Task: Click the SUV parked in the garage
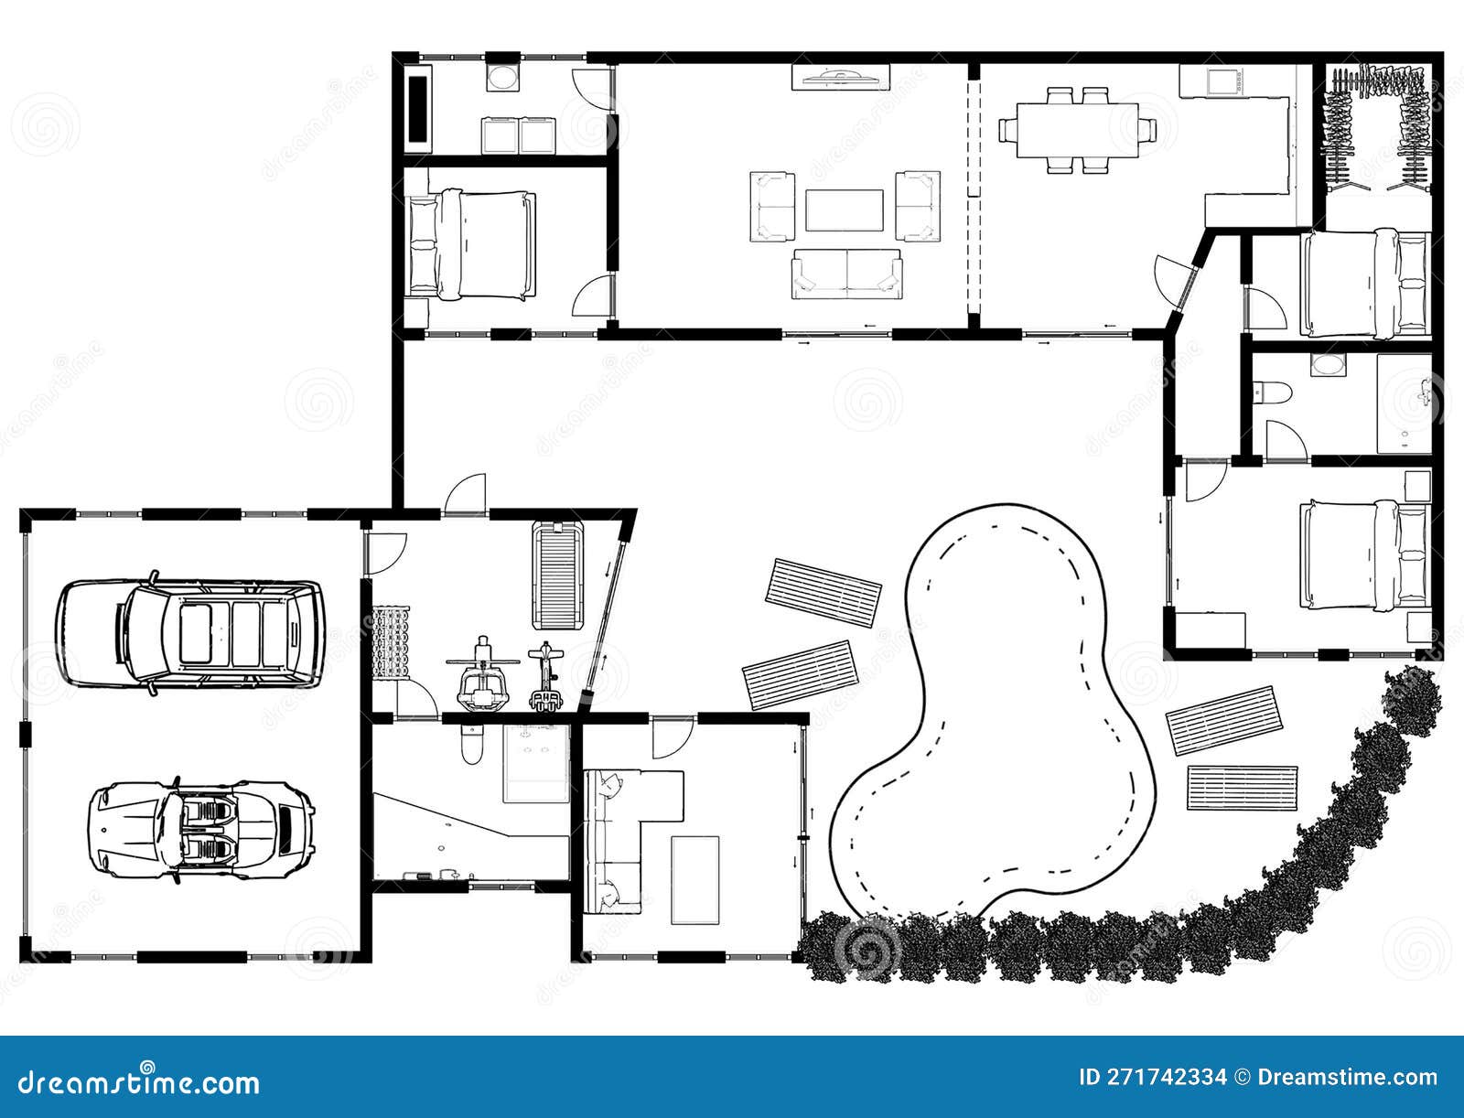(x=190, y=633)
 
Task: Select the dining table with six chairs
(x=1069, y=130)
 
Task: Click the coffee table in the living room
(x=844, y=210)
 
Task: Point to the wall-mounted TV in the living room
(x=840, y=77)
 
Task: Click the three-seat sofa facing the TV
(x=846, y=273)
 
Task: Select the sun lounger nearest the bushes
(x=1242, y=788)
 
